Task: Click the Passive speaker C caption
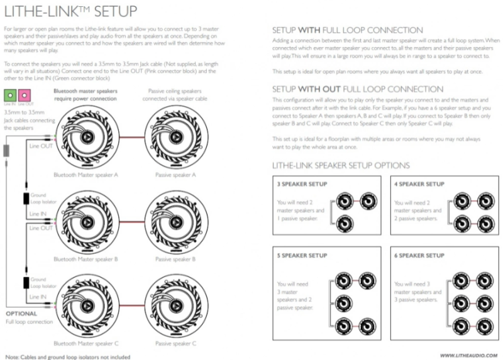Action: click(176, 344)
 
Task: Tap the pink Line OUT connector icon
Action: click(25, 96)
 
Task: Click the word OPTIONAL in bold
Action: click(21, 312)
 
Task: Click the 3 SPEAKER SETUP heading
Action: click(302, 184)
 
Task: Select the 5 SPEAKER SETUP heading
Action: click(302, 256)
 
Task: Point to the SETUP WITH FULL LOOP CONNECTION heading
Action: click(348, 30)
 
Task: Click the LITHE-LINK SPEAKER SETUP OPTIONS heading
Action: click(341, 165)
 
